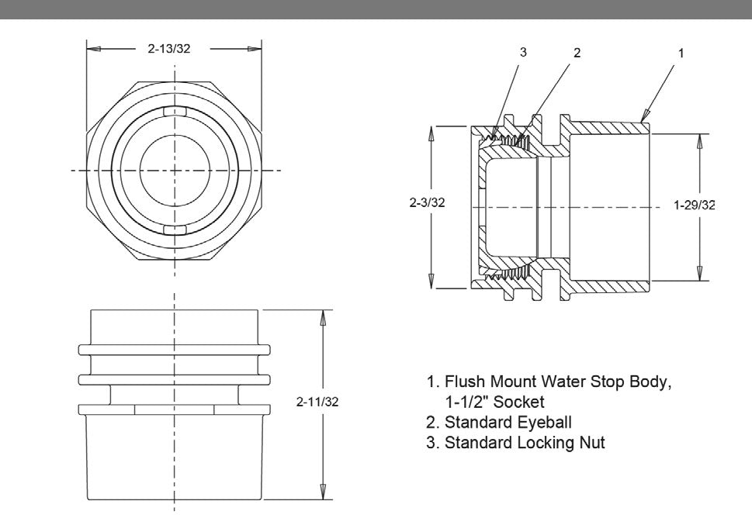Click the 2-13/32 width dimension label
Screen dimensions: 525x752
(169, 48)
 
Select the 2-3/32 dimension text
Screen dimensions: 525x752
(427, 203)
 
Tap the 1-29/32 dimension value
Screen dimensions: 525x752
(694, 206)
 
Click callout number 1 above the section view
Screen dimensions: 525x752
(681, 53)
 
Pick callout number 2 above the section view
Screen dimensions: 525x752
(577, 53)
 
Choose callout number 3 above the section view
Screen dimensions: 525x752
(523, 53)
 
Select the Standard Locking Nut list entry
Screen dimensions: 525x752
(515, 443)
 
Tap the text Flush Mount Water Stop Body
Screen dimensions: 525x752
(554, 382)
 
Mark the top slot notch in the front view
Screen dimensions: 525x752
(175, 111)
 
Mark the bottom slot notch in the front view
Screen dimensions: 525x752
(175, 230)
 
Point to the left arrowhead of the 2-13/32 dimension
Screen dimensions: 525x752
(92, 48)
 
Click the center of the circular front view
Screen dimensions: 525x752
(175, 170)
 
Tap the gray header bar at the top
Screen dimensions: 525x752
(376, 9)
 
